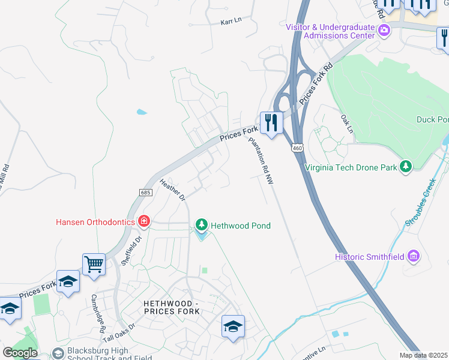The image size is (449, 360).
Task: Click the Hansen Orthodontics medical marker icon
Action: coord(143,221)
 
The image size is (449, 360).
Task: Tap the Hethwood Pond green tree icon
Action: coord(202,226)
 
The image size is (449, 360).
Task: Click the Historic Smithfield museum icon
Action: coord(413,257)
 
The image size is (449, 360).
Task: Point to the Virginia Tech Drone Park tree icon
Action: coord(406,166)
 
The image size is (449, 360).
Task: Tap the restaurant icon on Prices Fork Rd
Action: coord(271,122)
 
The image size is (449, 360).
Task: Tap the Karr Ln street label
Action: coord(231,20)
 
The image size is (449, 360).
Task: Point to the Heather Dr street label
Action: coord(173,189)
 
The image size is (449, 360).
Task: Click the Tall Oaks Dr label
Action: coord(119,334)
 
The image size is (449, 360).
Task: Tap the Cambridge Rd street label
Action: coord(98,313)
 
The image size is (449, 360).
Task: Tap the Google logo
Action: coord(19,353)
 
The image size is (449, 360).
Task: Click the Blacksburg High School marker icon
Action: coord(58,353)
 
